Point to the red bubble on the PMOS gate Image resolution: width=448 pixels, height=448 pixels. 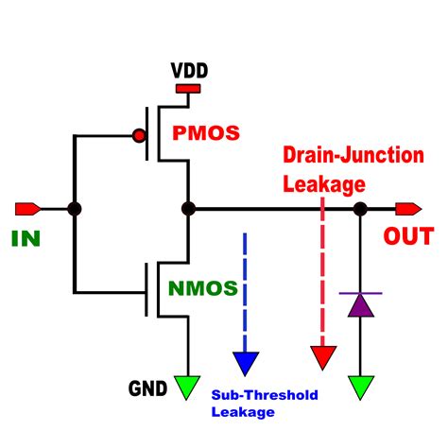coord(140,135)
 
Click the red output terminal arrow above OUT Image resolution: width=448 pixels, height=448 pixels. coord(409,208)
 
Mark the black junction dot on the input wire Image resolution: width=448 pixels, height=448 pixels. coord(76,208)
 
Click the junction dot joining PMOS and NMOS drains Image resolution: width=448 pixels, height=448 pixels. coord(187,208)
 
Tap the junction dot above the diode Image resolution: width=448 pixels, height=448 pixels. coord(360,208)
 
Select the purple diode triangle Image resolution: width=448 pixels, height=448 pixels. coord(360,304)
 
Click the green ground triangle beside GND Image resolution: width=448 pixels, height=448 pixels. coord(187,386)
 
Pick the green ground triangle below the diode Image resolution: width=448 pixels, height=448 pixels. coord(360,386)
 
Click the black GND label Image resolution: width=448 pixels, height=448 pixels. coord(147,388)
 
